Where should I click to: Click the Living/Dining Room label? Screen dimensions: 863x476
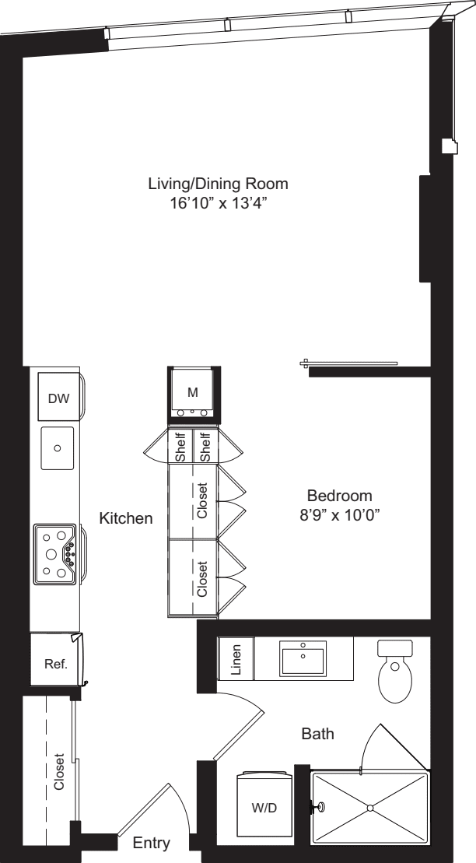[218, 184]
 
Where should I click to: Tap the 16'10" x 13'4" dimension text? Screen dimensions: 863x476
[218, 203]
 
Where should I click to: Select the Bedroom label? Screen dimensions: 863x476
[340, 496]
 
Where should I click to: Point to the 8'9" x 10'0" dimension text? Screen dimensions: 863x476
[340, 514]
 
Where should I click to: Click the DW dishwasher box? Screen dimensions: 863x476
[58, 398]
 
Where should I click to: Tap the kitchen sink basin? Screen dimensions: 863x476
[58, 448]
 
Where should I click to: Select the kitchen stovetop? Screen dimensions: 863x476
[56, 554]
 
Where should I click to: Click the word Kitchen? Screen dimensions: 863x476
[125, 517]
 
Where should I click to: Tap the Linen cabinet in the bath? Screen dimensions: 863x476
[237, 658]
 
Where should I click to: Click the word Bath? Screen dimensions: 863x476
[318, 733]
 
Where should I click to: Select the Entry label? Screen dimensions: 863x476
[151, 844]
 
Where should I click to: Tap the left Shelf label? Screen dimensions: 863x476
[181, 447]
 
